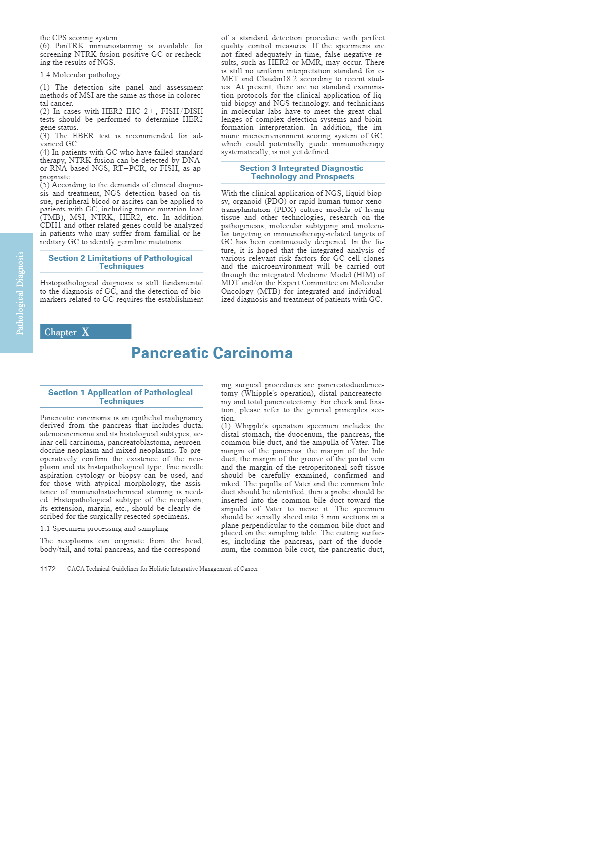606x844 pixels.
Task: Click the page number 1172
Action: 48,569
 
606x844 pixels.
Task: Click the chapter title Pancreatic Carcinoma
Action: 212,353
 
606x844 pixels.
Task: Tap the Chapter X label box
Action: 86,332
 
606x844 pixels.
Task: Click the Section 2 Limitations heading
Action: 121,262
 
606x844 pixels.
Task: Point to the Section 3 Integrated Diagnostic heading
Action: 302,172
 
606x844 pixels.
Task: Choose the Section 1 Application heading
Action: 121,397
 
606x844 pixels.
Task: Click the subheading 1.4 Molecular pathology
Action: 81,75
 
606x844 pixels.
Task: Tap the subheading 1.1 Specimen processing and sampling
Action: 104,528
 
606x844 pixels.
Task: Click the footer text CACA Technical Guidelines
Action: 162,569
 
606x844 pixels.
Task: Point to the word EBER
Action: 83,136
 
